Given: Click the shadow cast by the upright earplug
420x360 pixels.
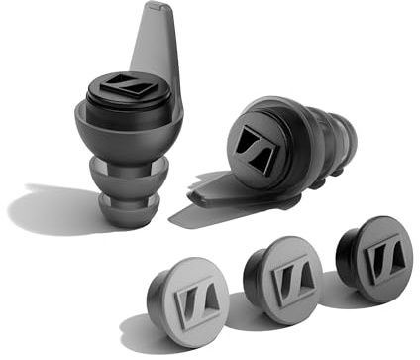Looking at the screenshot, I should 50,208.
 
